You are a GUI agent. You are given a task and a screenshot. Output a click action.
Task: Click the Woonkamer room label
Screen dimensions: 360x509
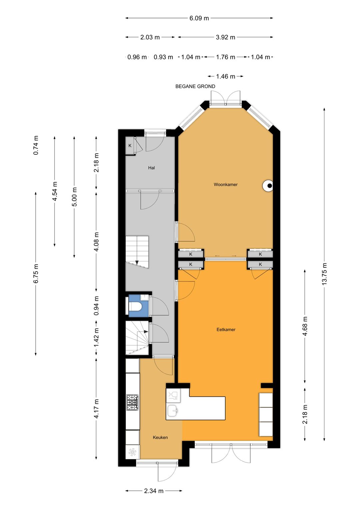coord(225,185)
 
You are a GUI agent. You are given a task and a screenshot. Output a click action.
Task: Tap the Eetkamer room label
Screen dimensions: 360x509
coord(226,329)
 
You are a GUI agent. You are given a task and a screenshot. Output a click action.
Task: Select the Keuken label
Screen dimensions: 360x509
coord(160,437)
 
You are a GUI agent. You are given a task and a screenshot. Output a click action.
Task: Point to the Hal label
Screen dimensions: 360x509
coord(151,168)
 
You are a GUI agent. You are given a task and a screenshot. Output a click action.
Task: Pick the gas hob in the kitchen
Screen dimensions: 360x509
coord(133,402)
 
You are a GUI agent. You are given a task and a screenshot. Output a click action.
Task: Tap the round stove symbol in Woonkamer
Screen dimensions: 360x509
coord(268,186)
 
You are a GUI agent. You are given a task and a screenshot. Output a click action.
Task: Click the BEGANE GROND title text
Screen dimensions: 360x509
coord(195,86)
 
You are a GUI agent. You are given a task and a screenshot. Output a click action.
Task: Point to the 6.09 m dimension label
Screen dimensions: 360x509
coord(199,18)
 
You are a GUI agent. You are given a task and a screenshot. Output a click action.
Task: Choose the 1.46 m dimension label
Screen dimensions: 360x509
coord(225,76)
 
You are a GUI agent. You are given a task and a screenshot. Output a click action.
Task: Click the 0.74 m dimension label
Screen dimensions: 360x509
coord(36,145)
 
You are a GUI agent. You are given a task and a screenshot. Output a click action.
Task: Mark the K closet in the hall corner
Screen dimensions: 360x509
coord(130,146)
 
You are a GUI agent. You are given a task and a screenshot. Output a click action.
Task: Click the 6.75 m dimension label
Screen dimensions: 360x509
coord(36,273)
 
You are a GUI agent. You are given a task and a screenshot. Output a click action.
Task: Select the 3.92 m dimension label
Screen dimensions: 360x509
coord(225,37)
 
